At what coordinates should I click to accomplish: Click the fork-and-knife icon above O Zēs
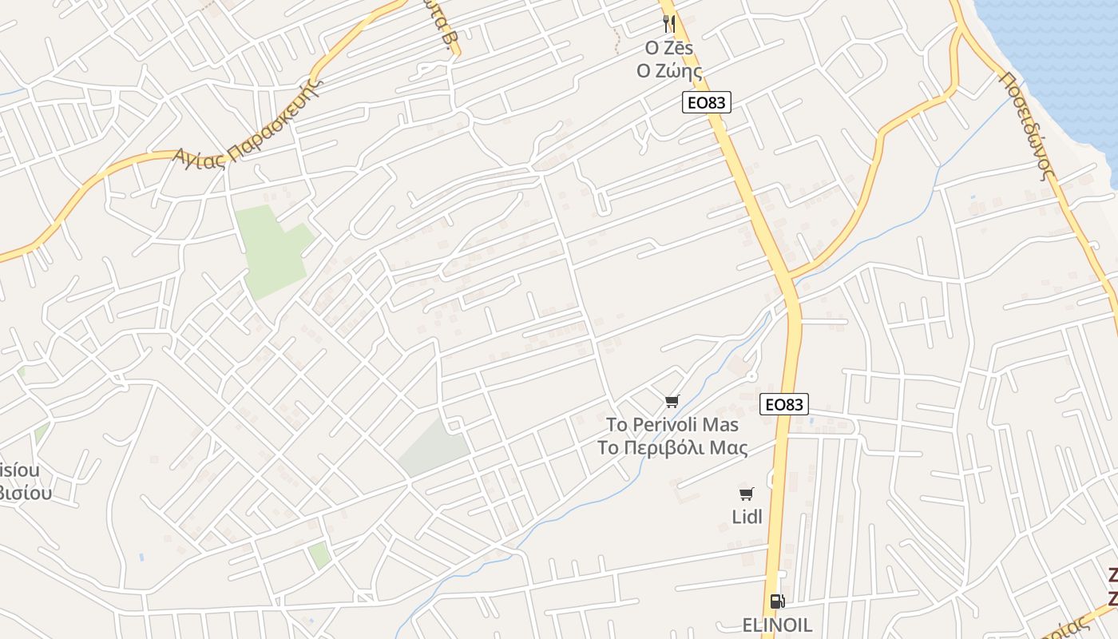(x=669, y=25)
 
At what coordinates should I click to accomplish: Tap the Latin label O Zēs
(x=669, y=48)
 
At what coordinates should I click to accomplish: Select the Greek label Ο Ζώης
(x=669, y=71)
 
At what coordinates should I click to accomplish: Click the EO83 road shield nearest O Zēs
(x=707, y=101)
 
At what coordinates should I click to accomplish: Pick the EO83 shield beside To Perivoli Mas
(x=783, y=404)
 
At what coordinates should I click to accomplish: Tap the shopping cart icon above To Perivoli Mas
(x=672, y=401)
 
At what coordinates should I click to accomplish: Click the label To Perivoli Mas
(x=672, y=424)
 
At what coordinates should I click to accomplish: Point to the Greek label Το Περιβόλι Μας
(x=672, y=447)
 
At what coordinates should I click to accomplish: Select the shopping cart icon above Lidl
(x=747, y=494)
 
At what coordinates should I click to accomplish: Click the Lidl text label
(x=747, y=517)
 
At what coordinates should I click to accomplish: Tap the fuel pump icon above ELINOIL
(x=776, y=601)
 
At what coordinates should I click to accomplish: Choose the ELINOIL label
(x=777, y=624)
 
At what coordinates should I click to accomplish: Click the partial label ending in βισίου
(x=26, y=493)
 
